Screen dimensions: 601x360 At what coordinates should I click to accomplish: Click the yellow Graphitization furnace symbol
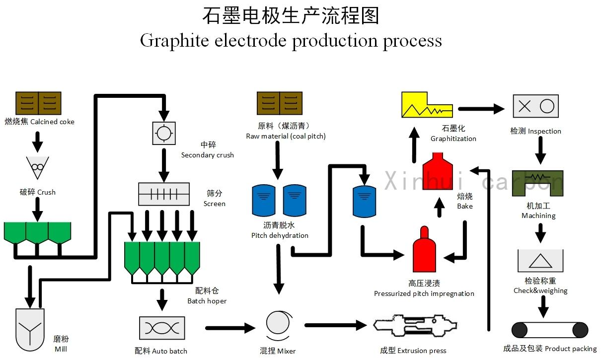[427, 105]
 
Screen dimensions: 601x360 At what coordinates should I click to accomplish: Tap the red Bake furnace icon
[438, 171]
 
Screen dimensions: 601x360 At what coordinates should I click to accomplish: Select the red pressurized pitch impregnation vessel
[424, 249]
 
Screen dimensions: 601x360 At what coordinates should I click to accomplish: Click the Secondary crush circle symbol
[164, 133]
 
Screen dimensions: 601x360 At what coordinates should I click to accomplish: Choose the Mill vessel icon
[30, 330]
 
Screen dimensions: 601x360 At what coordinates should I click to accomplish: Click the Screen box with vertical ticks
[164, 194]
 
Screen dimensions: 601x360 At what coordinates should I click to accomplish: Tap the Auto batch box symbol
[162, 328]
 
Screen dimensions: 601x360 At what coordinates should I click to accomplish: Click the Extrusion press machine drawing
[415, 325]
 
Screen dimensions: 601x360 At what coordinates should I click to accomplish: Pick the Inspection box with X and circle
[535, 106]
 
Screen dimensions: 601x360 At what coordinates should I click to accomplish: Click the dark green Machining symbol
[538, 183]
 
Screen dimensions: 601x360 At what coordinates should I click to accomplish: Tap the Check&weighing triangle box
[540, 261]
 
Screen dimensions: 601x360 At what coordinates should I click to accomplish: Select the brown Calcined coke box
[38, 103]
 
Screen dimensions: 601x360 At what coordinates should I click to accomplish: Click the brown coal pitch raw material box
[280, 103]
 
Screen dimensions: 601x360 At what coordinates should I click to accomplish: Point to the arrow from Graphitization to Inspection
[481, 109]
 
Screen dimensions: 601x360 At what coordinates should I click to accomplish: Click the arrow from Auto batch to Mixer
[230, 328]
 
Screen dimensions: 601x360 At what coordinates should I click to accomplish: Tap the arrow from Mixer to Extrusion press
[336, 325]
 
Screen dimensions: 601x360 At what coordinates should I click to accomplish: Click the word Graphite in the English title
[174, 41]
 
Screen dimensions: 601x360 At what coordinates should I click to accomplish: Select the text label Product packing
[571, 349]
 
